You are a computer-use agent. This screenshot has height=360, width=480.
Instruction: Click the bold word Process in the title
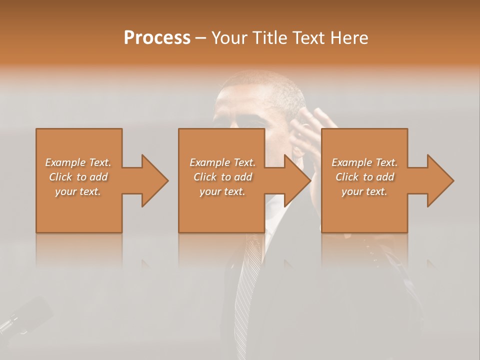[x=157, y=38]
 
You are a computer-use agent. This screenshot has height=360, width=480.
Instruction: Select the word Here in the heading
[x=348, y=38]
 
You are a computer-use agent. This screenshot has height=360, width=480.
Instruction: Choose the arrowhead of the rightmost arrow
[x=440, y=180]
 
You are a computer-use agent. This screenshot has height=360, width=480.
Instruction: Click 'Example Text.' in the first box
[x=78, y=162]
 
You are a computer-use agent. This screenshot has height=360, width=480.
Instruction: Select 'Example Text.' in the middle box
[x=222, y=162]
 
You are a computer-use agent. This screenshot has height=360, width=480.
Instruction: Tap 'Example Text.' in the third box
[x=364, y=162]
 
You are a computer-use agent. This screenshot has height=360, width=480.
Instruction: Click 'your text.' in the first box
[x=78, y=191]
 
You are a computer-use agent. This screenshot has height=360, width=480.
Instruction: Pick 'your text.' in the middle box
[x=222, y=191]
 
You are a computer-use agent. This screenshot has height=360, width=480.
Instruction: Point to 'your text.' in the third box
[x=364, y=191]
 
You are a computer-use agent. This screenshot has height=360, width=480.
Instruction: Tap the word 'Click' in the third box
[x=347, y=177]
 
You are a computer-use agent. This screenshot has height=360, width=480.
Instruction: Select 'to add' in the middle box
[x=236, y=177]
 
